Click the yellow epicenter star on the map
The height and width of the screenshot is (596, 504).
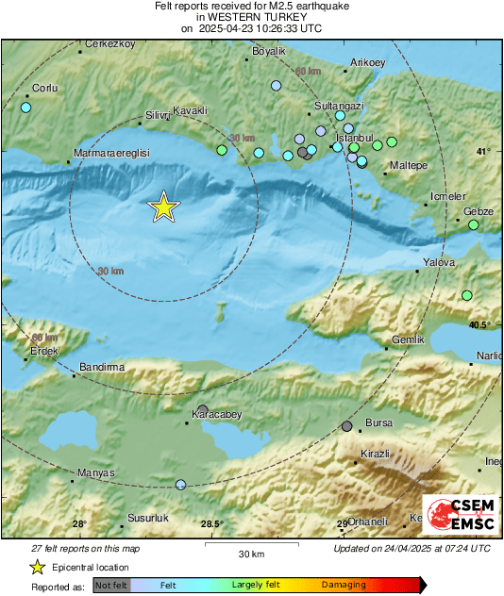pos(164,207)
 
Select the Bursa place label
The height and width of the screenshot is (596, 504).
pos(378,423)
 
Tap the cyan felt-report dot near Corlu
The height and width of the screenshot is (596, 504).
pos(25,108)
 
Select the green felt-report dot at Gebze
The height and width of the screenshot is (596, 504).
pos(474,225)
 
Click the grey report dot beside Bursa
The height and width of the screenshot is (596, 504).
pos(347,426)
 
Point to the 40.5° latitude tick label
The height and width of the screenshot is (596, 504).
pos(479,324)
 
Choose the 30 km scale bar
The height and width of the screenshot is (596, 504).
pos(250,545)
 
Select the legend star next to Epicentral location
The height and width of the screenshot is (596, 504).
pos(37,567)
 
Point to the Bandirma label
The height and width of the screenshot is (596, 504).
pos(102,366)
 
